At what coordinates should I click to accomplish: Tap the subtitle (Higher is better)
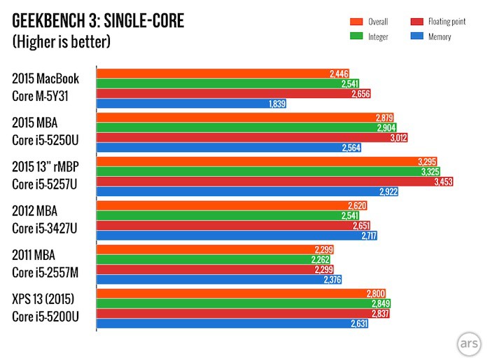click(x=62, y=42)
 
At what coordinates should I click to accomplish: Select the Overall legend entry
click(x=375, y=22)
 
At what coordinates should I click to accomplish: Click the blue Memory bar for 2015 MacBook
click(x=189, y=104)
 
